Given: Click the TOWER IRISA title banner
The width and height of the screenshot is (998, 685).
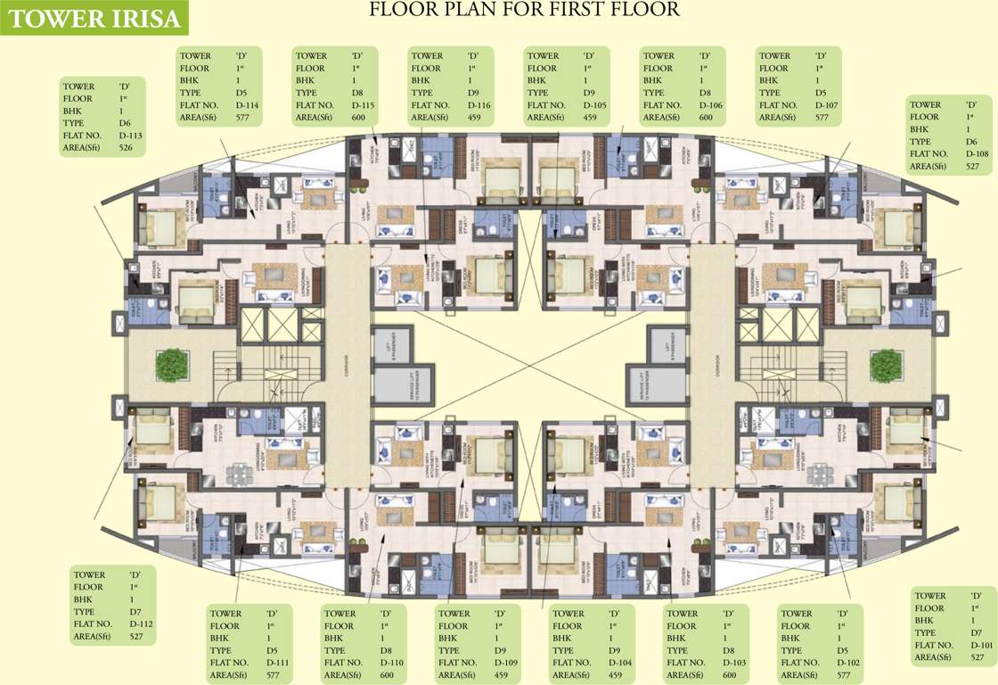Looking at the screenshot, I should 94,18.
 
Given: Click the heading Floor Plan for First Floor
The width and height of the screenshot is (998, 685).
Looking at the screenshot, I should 524,10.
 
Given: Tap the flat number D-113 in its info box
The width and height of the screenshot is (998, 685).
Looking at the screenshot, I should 130,136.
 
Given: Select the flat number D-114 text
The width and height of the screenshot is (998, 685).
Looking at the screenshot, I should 245,105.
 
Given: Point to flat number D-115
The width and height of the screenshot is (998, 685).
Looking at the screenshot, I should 361,105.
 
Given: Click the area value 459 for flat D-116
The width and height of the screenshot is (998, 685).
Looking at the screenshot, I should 474,118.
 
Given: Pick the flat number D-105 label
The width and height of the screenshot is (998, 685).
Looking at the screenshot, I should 593,105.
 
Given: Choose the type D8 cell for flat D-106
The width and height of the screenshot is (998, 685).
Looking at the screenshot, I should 704,93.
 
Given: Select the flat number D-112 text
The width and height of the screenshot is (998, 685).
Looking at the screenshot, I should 141,624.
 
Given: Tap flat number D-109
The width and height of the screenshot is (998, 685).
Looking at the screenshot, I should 505,663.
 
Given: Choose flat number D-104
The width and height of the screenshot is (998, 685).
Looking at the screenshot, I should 618,663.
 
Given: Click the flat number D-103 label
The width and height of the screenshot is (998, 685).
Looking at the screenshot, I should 732,663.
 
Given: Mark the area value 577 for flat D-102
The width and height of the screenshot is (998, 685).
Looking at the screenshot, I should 845,675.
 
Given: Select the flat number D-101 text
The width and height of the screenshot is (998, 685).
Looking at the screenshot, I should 979,645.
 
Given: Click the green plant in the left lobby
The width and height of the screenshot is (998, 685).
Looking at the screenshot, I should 171,365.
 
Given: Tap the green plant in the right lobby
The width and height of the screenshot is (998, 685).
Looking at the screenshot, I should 887,365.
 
